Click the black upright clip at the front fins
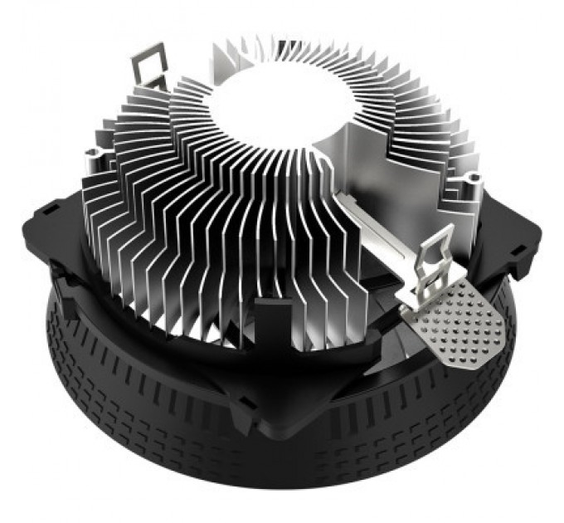tap(272, 320)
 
